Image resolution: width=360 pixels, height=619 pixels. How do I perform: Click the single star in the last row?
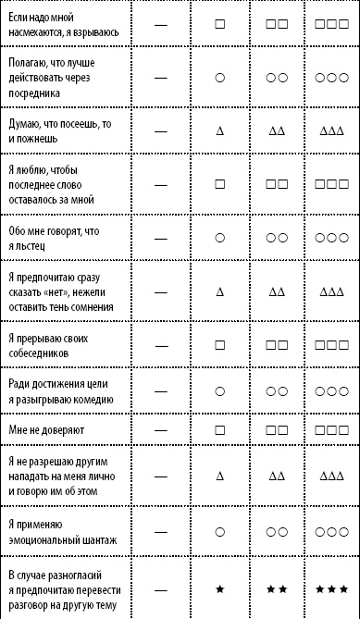tap(220, 588)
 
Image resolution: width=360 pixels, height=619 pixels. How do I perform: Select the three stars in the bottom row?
tap(331, 588)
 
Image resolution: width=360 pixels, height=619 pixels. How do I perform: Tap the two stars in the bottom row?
tap(276, 588)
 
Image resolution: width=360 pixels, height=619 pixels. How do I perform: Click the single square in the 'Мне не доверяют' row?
tap(220, 431)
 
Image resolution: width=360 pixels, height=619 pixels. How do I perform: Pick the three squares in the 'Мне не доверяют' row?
tap(331, 431)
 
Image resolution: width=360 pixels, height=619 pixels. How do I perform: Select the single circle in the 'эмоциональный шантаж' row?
tap(220, 531)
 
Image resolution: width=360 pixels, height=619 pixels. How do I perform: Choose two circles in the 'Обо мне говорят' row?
tap(276, 238)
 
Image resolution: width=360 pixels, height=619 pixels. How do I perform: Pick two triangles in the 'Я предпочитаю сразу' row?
tap(276, 291)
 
